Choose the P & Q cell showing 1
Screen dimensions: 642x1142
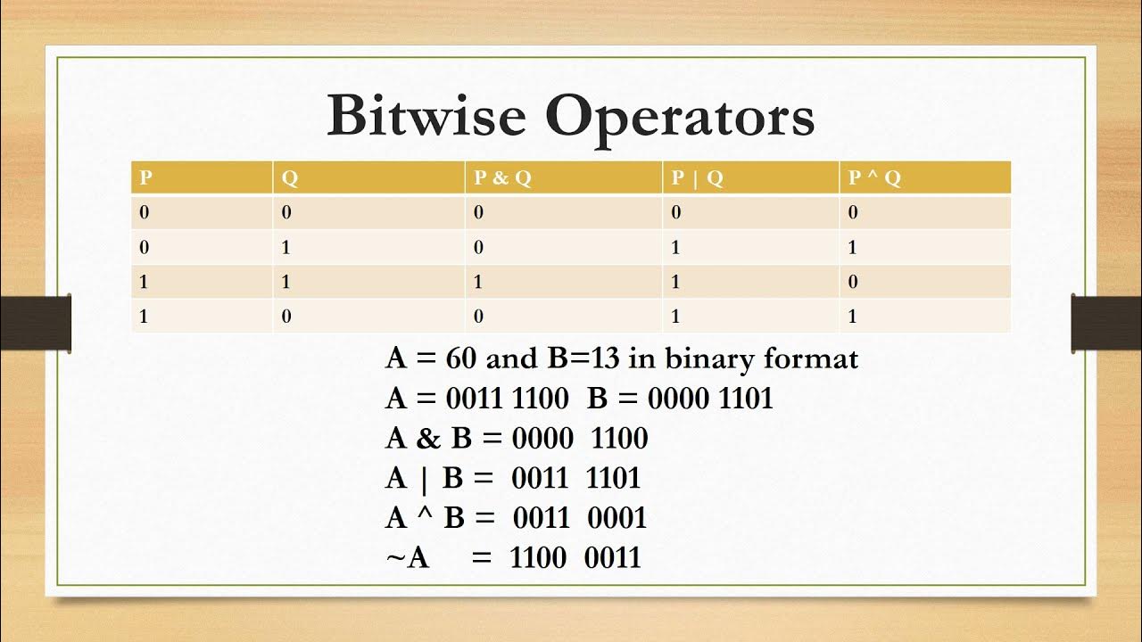click(x=478, y=282)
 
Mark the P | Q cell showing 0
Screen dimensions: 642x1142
click(x=676, y=213)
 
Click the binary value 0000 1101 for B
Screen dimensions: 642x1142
click(x=710, y=398)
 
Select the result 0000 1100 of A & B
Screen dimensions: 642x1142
click(x=579, y=438)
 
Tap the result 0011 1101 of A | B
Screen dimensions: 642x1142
click(x=575, y=478)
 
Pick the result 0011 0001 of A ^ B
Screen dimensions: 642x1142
click(x=579, y=517)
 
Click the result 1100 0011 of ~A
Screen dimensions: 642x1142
click(x=575, y=557)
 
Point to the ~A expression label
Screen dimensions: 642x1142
click(x=408, y=558)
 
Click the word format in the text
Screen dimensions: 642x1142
click(x=811, y=358)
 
